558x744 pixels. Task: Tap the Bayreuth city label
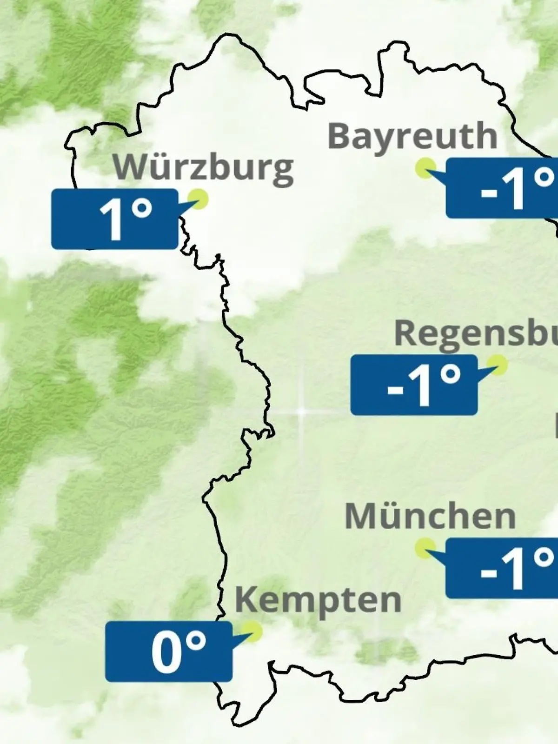click(412, 137)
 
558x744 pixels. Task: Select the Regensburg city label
click(476, 333)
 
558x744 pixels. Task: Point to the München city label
click(430, 517)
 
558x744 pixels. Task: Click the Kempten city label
click(318, 600)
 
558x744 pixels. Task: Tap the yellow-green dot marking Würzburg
click(199, 199)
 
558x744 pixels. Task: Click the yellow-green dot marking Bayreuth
click(425, 168)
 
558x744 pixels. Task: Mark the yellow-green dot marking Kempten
click(252, 631)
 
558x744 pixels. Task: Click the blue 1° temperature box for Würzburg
click(114, 219)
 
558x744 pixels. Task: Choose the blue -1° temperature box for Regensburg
click(414, 385)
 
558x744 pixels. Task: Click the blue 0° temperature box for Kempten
click(168, 652)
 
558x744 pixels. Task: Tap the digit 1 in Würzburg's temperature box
click(111, 220)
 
